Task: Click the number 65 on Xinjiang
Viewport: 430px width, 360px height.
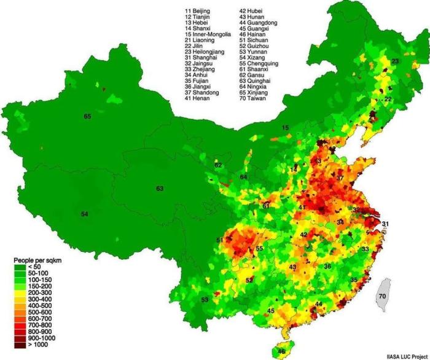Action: point(87,115)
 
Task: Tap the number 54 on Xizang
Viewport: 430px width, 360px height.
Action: point(85,213)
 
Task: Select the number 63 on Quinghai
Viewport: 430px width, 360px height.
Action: point(160,188)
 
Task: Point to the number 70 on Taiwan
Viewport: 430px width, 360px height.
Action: point(382,296)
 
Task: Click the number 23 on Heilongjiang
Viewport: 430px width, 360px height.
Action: point(395,61)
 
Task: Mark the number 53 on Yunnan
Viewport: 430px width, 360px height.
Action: point(205,299)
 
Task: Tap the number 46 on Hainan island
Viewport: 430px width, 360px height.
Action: point(281,351)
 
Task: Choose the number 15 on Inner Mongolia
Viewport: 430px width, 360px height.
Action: point(285,127)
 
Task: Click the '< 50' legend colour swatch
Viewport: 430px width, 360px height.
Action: point(20,267)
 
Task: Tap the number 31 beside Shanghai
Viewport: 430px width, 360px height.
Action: point(385,223)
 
